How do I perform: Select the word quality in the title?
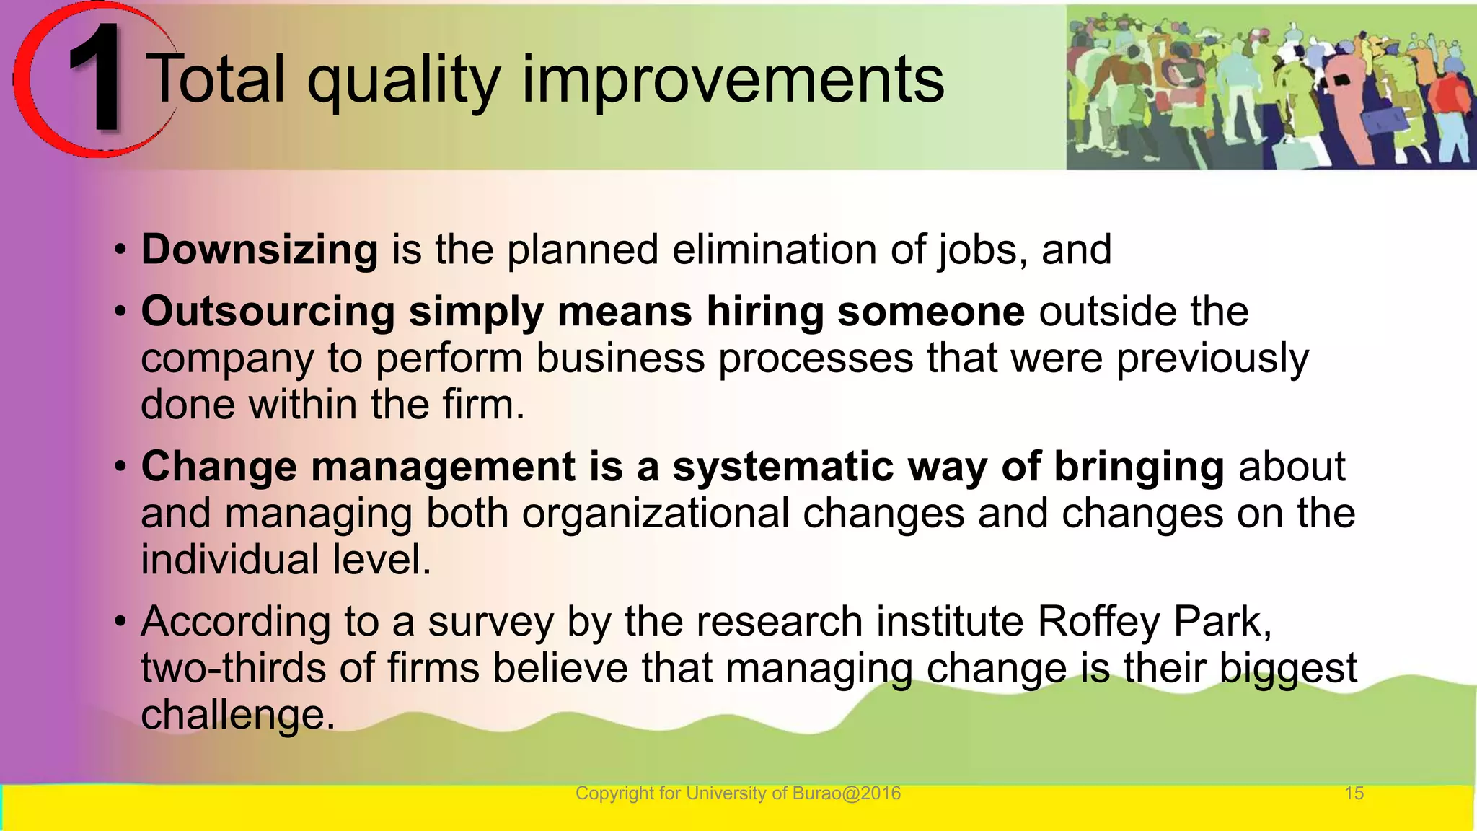click(x=404, y=81)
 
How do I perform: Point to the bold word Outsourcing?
click(x=268, y=312)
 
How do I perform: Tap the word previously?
click(x=1212, y=359)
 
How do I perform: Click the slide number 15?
click(x=1354, y=793)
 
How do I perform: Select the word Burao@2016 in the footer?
click(x=846, y=793)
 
